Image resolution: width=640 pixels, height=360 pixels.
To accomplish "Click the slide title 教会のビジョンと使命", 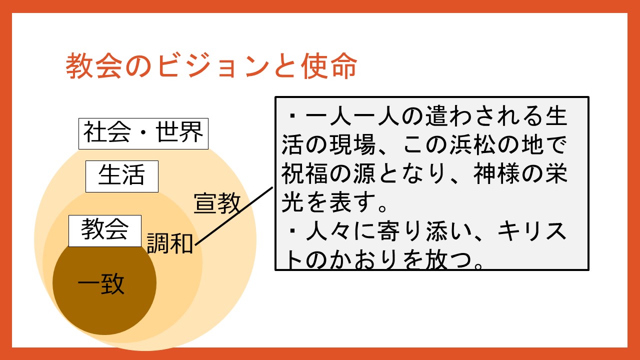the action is [211, 66].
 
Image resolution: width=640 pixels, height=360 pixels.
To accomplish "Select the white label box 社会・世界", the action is [143, 133].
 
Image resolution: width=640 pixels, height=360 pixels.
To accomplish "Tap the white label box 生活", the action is [122, 176].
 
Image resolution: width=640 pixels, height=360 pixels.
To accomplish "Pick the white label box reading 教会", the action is [105, 231].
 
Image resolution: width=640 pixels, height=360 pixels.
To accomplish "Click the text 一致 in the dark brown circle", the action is [101, 284].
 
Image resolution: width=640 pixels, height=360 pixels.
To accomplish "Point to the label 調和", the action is [170, 243].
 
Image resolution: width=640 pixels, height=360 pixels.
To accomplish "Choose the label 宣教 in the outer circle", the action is [217, 203].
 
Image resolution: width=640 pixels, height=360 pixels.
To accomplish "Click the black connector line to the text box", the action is [234, 216].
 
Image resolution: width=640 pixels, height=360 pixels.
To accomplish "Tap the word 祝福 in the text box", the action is [304, 173].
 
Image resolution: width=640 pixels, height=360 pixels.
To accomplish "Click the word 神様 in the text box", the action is [497, 173].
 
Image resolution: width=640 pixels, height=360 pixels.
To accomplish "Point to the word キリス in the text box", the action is [532, 231].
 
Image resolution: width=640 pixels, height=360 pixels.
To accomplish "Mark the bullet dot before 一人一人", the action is [292, 116].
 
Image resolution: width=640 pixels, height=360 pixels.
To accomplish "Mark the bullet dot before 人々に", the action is [292, 231].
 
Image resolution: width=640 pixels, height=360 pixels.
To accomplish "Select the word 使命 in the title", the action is [329, 66].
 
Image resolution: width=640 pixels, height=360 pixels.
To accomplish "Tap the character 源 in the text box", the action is [364, 173].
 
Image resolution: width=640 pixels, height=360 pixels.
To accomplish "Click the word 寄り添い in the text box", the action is [424, 231].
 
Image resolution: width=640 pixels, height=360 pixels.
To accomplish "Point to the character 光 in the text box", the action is [292, 202].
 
